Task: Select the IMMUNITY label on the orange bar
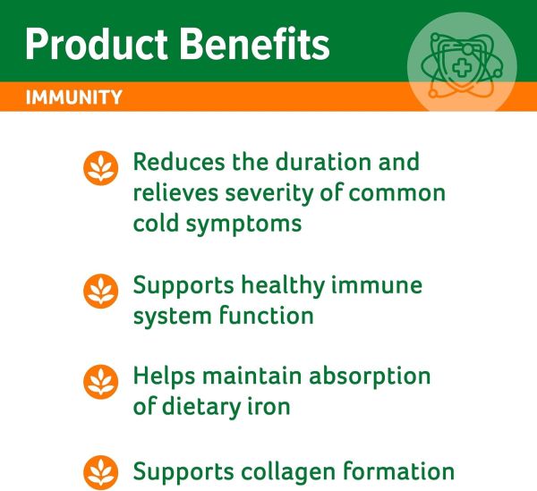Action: [x=74, y=97]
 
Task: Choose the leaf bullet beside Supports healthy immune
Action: [x=101, y=290]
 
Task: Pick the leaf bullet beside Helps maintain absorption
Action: [x=101, y=381]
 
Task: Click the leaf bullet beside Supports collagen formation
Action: [x=101, y=471]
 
